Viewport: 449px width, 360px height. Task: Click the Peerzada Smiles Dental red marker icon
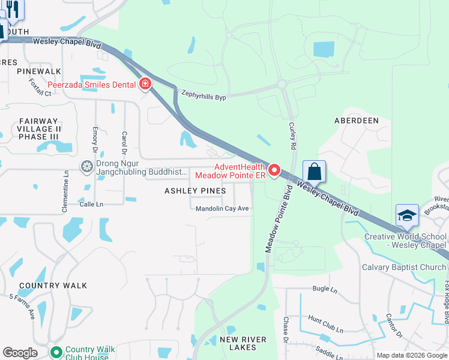[145, 84]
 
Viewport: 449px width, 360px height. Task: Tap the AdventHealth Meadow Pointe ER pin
[274, 170]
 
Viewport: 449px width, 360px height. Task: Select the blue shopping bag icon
[314, 172]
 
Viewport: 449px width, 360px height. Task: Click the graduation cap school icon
[406, 215]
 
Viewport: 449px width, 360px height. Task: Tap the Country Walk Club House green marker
[56, 352]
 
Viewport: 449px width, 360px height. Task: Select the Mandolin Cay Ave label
[222, 208]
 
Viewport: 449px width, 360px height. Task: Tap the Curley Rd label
[292, 136]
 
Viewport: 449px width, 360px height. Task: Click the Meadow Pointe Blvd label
[279, 222]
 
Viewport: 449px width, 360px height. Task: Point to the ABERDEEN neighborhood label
[357, 121]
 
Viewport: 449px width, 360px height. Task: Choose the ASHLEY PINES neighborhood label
[196, 191]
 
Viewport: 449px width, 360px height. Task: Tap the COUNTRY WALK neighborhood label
[53, 286]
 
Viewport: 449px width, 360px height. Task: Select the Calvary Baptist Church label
[404, 267]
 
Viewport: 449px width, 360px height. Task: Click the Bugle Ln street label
[325, 289]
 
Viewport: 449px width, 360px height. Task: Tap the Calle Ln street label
[91, 204]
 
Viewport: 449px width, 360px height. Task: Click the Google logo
[20, 353]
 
